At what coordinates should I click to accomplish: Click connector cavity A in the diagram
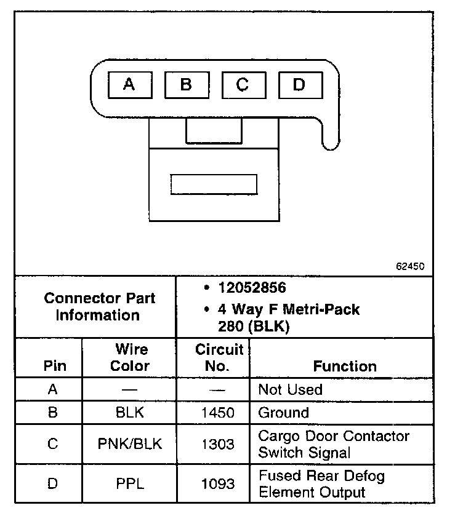click(129, 84)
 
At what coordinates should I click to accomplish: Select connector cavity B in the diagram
click(186, 84)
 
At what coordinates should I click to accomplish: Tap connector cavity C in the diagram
click(243, 84)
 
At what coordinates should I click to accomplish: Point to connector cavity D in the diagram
click(299, 84)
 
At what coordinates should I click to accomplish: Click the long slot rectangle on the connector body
click(214, 185)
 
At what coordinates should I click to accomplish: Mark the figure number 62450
click(410, 267)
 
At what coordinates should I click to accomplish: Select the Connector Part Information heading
click(99, 307)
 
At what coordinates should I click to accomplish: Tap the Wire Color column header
click(130, 357)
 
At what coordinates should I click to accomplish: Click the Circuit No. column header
click(219, 357)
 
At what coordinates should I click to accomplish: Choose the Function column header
click(345, 366)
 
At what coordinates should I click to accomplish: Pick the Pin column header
click(52, 366)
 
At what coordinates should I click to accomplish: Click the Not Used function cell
click(290, 389)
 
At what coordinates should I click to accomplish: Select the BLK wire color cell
click(130, 413)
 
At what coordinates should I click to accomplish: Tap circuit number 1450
click(218, 413)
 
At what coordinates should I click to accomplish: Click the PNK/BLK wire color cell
click(130, 443)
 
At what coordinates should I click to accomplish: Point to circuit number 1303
click(218, 443)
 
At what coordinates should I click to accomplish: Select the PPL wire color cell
click(130, 483)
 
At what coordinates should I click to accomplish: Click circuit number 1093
click(218, 483)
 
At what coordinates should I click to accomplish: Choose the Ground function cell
click(283, 413)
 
